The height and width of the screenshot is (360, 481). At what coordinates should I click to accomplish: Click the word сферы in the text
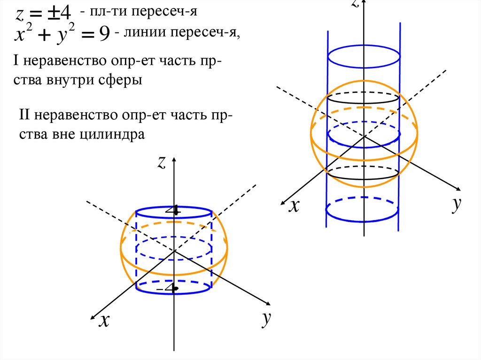[x=120, y=80]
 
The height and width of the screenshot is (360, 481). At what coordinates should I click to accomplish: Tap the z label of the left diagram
[x=162, y=162]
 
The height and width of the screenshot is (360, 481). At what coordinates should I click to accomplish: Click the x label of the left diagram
[x=104, y=320]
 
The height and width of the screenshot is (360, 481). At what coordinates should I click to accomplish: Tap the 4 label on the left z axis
[x=175, y=211]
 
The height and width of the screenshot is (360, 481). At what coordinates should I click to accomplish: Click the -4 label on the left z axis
[x=169, y=288]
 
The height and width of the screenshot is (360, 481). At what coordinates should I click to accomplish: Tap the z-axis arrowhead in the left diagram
[x=174, y=161]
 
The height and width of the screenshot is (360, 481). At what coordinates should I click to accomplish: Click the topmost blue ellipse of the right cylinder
[x=364, y=57]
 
